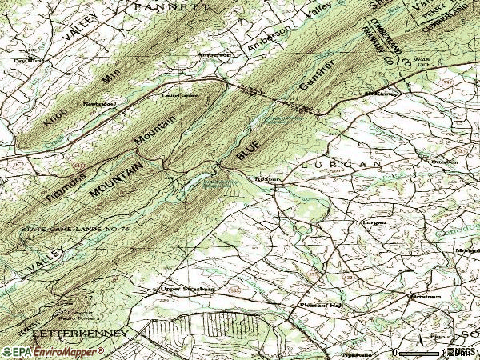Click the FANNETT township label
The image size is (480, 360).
171,6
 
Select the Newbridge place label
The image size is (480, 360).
99,104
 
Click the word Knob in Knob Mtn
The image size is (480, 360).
55,113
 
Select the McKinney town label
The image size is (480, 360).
381,94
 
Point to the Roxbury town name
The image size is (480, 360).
266,180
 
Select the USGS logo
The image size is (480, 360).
459,352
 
